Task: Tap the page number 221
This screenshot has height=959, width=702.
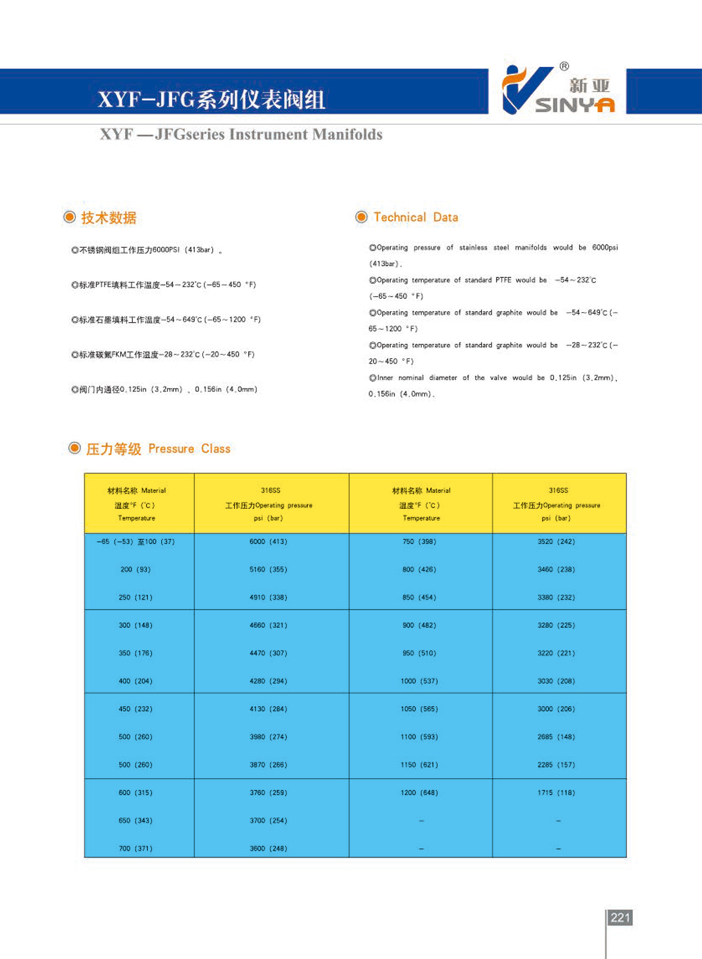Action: pyautogui.click(x=620, y=917)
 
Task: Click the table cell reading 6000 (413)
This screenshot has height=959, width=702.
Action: pyautogui.click(x=268, y=542)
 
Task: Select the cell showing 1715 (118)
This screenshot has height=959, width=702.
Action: pyautogui.click(x=556, y=793)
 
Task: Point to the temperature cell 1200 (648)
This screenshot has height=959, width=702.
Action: pyautogui.click(x=419, y=793)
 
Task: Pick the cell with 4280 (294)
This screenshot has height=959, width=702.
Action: pyautogui.click(x=268, y=681)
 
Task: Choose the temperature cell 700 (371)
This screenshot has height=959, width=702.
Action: pyautogui.click(x=135, y=848)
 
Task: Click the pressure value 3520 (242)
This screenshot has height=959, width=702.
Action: pyautogui.click(x=556, y=542)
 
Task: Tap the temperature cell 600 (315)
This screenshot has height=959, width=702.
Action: pyautogui.click(x=135, y=793)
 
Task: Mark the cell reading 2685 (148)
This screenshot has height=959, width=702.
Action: pyautogui.click(x=556, y=737)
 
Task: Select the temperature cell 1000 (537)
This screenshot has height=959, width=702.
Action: pyautogui.click(x=419, y=681)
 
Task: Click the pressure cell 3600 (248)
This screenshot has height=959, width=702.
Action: pyautogui.click(x=268, y=848)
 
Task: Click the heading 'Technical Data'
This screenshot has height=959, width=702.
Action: pyautogui.click(x=416, y=217)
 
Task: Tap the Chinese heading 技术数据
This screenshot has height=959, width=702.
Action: pyautogui.click(x=109, y=218)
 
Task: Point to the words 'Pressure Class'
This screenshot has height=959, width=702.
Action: pyautogui.click(x=189, y=449)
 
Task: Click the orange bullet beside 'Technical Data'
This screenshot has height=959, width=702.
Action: pyautogui.click(x=362, y=217)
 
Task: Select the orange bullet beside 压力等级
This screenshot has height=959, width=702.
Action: pyautogui.click(x=74, y=448)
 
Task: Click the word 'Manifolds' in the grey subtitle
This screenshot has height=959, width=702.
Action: pyautogui.click(x=347, y=135)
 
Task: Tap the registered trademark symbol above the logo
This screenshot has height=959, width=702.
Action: pyautogui.click(x=564, y=66)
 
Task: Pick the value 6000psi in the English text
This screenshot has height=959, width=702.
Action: pyautogui.click(x=605, y=248)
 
